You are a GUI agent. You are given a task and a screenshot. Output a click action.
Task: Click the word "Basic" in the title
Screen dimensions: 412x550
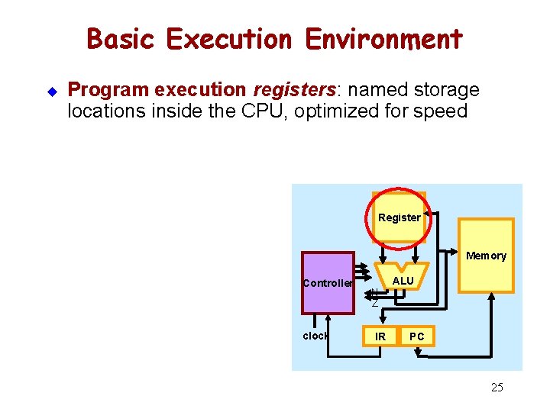coord(122,39)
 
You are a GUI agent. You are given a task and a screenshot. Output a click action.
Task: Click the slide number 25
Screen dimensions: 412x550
coord(497,388)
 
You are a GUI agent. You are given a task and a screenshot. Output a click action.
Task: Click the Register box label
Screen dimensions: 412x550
coord(399,217)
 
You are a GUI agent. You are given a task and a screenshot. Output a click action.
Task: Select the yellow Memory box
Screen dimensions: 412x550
coord(486,256)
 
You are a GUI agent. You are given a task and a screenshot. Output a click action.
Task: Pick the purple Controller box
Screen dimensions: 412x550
coord(328,283)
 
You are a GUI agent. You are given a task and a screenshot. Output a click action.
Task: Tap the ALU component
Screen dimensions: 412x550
coord(403,281)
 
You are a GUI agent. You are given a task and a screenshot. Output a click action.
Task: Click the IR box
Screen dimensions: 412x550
coord(380,336)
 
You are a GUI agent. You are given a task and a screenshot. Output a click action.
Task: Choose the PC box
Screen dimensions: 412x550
coord(417,336)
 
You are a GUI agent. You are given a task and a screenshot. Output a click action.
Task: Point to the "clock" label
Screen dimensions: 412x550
coord(315,336)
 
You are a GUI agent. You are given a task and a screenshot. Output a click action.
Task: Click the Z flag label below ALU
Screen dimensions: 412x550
coord(374,304)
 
